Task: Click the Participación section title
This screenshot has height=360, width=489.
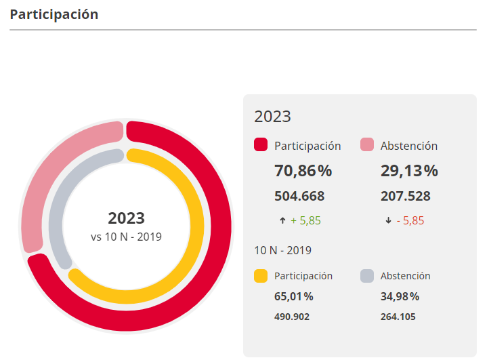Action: tap(54, 14)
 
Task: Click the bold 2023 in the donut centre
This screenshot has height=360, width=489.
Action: tap(126, 218)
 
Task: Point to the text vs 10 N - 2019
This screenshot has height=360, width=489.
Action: tap(126, 237)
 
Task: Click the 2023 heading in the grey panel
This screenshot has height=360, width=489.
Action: tap(272, 116)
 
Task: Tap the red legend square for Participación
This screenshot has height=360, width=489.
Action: tap(261, 145)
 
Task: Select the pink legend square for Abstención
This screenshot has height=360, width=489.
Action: tap(367, 145)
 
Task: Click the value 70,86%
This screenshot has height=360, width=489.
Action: tap(303, 171)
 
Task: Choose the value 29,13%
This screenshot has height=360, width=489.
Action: tap(409, 171)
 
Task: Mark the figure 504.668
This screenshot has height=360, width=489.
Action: tap(299, 197)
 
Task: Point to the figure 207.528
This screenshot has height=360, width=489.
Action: tap(406, 197)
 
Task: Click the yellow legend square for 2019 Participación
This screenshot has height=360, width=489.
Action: tap(261, 276)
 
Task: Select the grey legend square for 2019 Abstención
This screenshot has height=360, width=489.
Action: tap(367, 276)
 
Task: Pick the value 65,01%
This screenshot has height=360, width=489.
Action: tap(294, 296)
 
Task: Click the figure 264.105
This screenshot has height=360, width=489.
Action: tap(398, 317)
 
